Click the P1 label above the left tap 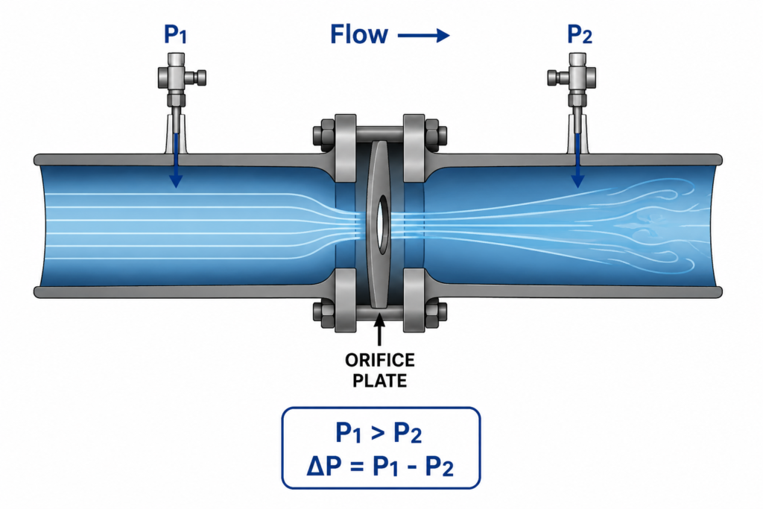pos(175,34)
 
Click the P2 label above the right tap pos(580,34)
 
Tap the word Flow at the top pos(359,34)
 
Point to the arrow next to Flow pos(423,35)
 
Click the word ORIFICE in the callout pos(380,360)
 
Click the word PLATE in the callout pos(380,381)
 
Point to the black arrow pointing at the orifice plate pos(379,330)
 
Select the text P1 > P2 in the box pos(379,432)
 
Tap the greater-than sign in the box pos(378,432)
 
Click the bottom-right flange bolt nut pos(437,314)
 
